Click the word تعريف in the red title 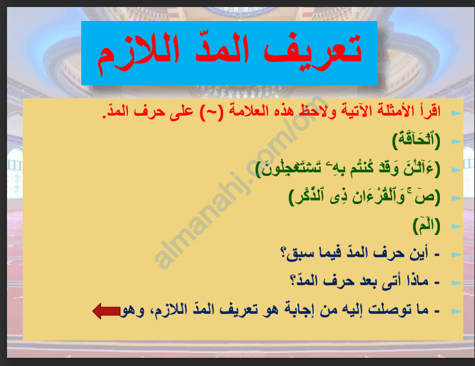click(x=313, y=51)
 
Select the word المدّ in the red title click(x=222, y=49)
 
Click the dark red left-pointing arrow click(x=106, y=311)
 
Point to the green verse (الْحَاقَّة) click(x=416, y=140)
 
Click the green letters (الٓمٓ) click(x=427, y=226)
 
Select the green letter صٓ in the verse click(x=425, y=197)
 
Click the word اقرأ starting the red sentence click(x=428, y=111)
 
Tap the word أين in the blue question click(x=419, y=253)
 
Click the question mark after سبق click(x=284, y=253)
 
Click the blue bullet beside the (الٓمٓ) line click(x=456, y=226)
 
